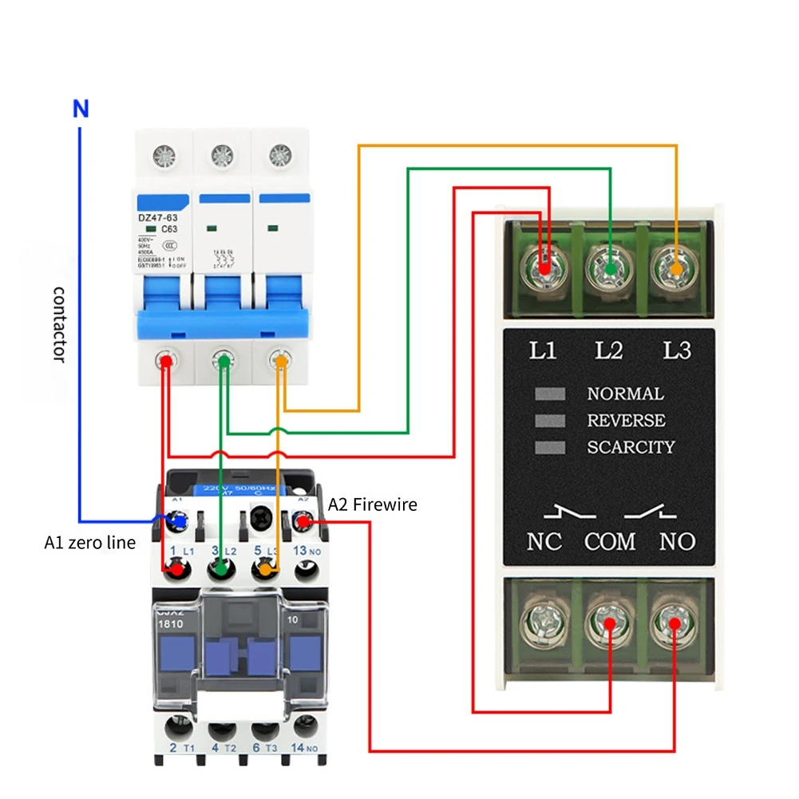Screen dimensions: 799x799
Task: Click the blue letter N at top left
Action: (81, 109)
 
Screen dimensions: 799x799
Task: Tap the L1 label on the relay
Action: (544, 350)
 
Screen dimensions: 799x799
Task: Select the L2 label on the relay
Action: (610, 350)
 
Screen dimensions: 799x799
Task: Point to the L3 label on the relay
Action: (676, 350)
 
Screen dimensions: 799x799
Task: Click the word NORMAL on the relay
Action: (625, 394)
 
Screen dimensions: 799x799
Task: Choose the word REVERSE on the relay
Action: (626, 421)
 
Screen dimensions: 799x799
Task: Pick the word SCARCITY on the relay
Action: (631, 448)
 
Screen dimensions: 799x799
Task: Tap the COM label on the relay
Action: (610, 542)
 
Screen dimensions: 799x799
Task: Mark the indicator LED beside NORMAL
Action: (550, 394)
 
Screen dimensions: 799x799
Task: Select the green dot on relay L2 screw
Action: (610, 271)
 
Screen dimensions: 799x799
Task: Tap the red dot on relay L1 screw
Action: (544, 271)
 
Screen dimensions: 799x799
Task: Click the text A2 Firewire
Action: (372, 504)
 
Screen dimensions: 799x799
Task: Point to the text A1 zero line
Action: (89, 544)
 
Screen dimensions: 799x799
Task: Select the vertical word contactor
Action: (58, 322)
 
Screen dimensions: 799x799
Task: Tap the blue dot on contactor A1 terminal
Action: (180, 522)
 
